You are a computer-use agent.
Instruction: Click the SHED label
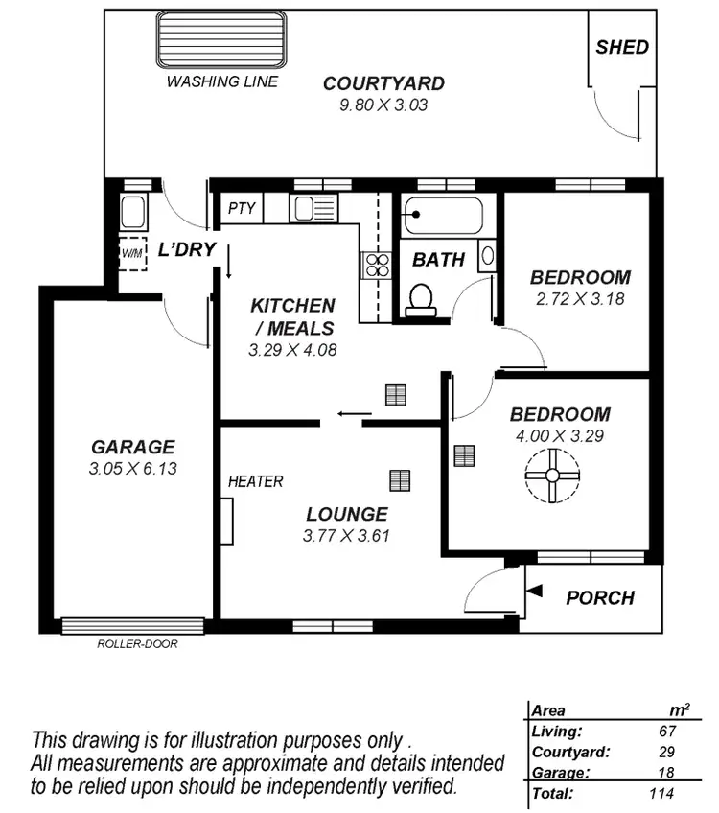click(622, 47)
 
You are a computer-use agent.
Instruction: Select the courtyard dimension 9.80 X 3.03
click(383, 105)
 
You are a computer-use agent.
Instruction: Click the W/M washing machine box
click(130, 253)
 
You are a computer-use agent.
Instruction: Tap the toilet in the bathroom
click(419, 299)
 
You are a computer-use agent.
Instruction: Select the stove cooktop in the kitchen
click(376, 265)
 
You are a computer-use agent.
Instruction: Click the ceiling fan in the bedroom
click(552, 475)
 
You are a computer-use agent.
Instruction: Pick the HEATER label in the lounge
click(256, 481)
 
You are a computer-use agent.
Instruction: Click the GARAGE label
click(133, 447)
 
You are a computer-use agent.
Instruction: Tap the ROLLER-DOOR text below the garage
click(137, 644)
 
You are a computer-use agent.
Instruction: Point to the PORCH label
click(600, 598)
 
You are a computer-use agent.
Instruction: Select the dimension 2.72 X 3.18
click(580, 298)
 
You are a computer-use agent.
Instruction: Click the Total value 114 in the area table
click(660, 793)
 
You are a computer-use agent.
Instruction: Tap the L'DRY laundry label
click(186, 250)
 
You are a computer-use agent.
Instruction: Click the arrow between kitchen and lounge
click(353, 415)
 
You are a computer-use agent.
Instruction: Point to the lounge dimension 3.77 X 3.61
click(346, 536)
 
